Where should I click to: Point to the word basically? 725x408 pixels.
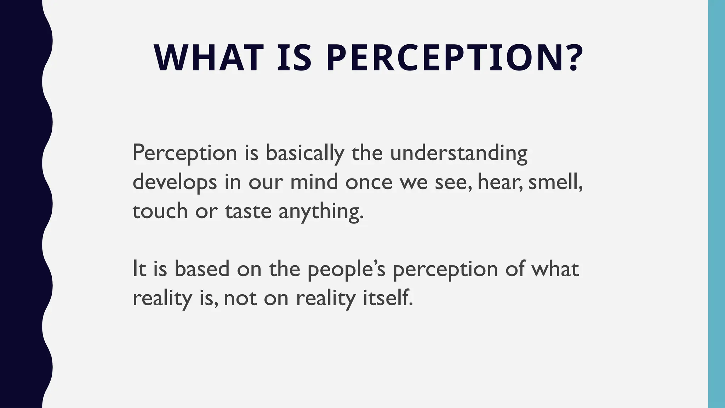click(x=305, y=154)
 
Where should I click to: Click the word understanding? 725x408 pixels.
click(x=459, y=154)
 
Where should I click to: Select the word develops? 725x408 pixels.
click(x=175, y=183)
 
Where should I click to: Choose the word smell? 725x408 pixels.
click(x=554, y=182)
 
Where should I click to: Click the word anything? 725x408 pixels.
click(x=320, y=212)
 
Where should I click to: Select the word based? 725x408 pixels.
click(x=202, y=269)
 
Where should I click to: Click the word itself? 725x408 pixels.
click(x=388, y=298)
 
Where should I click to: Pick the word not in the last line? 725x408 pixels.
click(x=240, y=299)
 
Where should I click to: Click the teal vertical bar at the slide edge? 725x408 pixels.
click(x=717, y=204)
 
